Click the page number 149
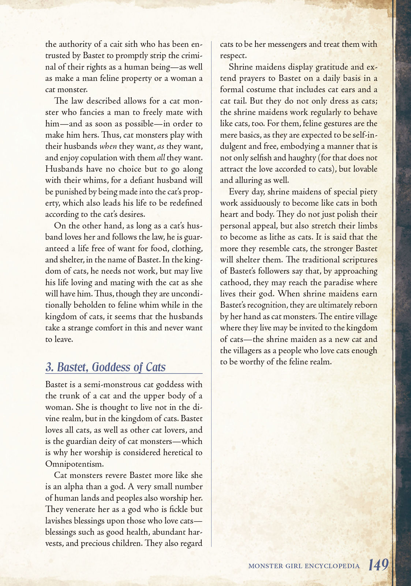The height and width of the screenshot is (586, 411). pos(378,565)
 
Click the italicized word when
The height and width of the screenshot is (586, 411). pos(108,146)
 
